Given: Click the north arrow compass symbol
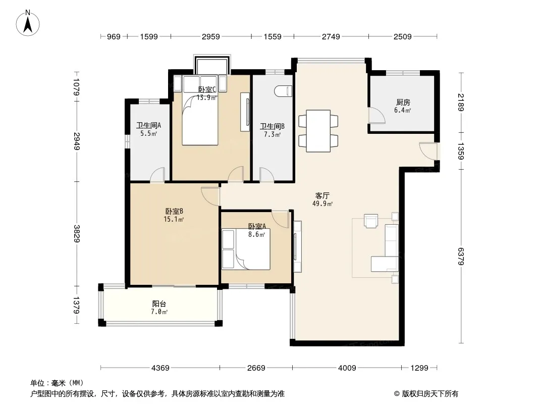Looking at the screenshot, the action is coord(28,23).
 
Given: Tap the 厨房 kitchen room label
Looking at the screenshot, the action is coord(403,103).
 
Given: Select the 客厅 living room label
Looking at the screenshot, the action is coord(322,195).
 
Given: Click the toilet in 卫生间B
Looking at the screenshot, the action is coord(283,91).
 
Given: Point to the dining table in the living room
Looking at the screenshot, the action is coord(318,131).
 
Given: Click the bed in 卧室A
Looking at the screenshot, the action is coord(252,249).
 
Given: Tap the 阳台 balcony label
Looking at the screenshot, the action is coord(159,304).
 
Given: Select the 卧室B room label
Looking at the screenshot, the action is coord(174,211).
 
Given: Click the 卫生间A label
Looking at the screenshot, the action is coord(148,125).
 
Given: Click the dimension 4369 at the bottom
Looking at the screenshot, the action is coord(160,368).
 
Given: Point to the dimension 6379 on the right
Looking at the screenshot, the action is coord(460,256).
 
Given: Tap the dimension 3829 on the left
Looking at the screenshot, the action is coord(76,233).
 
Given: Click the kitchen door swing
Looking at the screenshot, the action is coord(376,115).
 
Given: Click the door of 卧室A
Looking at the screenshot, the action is coord(280,219).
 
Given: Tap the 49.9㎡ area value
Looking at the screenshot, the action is coord(322,204).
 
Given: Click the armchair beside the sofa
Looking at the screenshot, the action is coord(371,221).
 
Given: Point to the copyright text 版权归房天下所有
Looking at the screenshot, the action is coord(430,394).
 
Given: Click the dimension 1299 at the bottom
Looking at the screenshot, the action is coord(419,368).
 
